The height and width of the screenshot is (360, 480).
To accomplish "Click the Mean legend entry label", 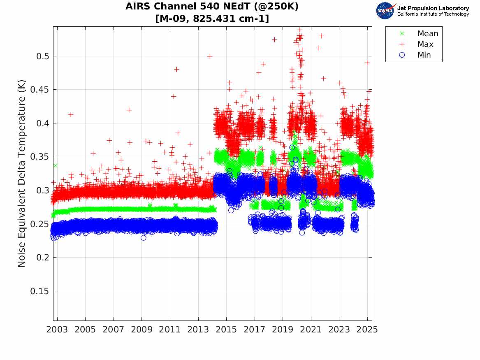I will click(428, 34).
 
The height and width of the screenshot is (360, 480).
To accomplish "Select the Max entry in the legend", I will click(425, 44).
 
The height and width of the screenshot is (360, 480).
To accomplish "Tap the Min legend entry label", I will click(424, 55).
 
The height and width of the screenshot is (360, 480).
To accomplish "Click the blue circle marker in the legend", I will click(402, 55).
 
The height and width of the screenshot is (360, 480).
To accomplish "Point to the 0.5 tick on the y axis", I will click(42, 56).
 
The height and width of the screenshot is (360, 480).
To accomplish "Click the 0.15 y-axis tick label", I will click(39, 291).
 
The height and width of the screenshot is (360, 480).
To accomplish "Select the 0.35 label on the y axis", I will click(39, 157).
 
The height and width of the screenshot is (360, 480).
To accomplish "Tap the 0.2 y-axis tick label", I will click(42, 258).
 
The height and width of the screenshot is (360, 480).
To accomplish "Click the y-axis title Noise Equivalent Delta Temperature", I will click(22, 174).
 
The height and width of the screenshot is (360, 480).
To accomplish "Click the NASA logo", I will click(385, 11).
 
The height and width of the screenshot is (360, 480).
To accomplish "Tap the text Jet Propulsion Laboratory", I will click(433, 8).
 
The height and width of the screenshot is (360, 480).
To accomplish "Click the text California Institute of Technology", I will click(433, 14).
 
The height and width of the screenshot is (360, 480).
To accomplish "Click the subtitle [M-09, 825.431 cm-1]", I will click(212, 19).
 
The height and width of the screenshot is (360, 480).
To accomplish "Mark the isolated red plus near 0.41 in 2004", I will click(71, 115).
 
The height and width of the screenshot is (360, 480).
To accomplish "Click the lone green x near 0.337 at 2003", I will click(55, 165).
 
